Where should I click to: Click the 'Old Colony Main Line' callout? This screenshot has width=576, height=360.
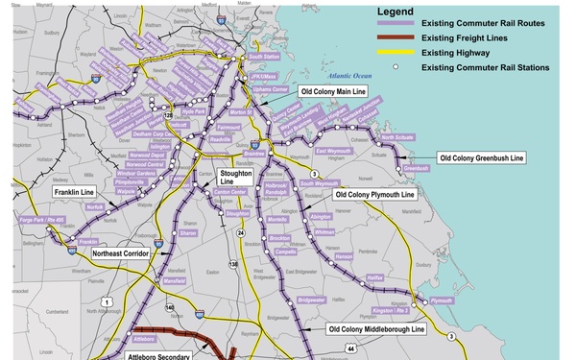(x=333, y=91)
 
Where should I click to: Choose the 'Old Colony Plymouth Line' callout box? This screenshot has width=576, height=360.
(x=374, y=194)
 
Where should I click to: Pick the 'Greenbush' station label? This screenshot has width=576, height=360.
(x=416, y=168)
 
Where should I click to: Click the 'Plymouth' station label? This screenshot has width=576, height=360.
(x=441, y=300)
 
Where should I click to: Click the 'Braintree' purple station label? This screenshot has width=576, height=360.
(x=254, y=153)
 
